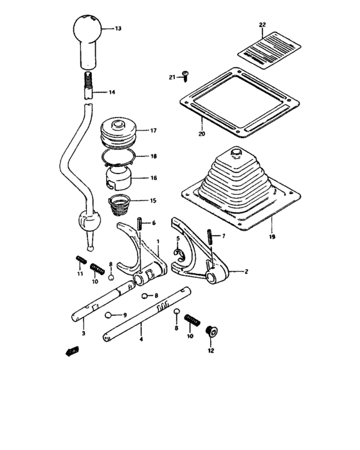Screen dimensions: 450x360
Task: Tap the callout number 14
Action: click(x=112, y=93)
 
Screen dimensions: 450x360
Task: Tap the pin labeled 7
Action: click(x=210, y=237)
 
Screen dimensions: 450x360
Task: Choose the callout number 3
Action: click(x=83, y=335)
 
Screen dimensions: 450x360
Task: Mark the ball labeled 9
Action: click(x=110, y=315)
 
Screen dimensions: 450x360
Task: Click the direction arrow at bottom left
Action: click(x=71, y=351)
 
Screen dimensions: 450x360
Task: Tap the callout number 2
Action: click(x=246, y=272)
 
